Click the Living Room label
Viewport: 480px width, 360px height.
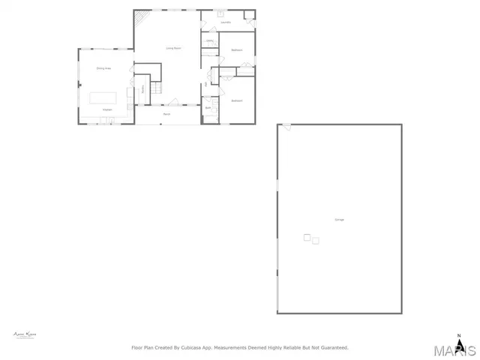(174, 49)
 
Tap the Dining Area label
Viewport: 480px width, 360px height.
(103, 68)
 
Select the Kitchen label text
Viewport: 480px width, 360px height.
(107, 110)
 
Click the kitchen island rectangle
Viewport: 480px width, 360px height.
(104, 97)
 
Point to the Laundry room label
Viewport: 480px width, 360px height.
(226, 22)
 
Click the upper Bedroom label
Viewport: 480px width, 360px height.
(237, 49)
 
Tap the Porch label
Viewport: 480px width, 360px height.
(166, 114)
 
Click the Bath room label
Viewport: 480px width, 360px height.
(208, 108)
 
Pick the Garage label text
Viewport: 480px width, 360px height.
(340, 219)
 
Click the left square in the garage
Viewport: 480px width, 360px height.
(307, 238)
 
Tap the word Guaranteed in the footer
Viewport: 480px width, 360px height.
(334, 348)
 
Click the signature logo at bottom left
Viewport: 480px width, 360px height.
(25, 334)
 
